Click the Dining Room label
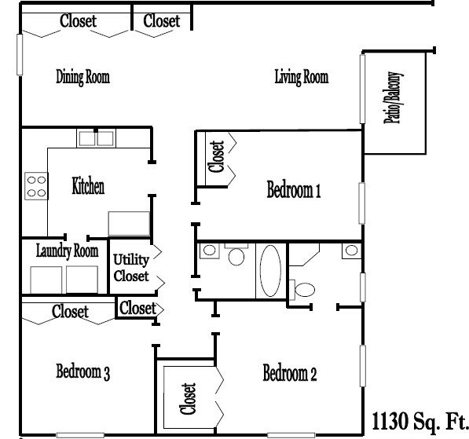(82, 77)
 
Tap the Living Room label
(300, 77)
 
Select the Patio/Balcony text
(395, 99)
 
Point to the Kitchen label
(88, 187)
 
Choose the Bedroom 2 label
(289, 372)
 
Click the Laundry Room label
(67, 251)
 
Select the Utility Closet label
(130, 268)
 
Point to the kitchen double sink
(97, 139)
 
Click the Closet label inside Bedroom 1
(217, 157)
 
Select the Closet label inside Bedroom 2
(188, 398)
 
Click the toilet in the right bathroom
(303, 287)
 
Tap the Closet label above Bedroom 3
(70, 312)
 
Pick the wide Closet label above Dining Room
(78, 21)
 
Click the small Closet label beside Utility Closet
(137, 308)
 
